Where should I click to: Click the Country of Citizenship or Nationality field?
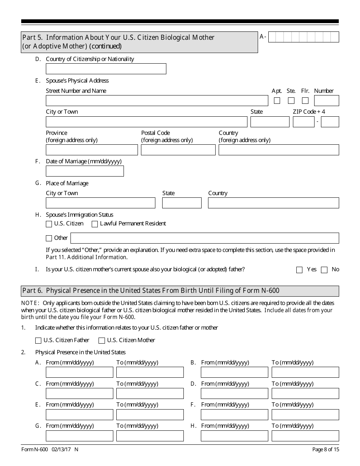106,69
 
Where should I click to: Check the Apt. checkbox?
277,101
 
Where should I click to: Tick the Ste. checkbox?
291,101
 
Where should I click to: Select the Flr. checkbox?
305,101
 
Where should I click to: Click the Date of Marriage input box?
85,171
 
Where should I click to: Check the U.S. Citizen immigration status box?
49,224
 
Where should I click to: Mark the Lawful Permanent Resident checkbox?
95,224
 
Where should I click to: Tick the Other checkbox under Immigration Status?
49,238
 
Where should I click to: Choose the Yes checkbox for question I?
299,270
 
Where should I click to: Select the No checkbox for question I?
324,270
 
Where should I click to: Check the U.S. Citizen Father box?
38,341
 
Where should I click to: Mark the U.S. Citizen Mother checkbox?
102,341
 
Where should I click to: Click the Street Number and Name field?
157,101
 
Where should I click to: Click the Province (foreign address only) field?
92,150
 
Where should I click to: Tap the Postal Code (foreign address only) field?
178,150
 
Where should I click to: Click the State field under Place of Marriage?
182,203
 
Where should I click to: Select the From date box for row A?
79,372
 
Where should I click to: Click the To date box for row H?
305,436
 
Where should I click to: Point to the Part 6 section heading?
150,291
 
